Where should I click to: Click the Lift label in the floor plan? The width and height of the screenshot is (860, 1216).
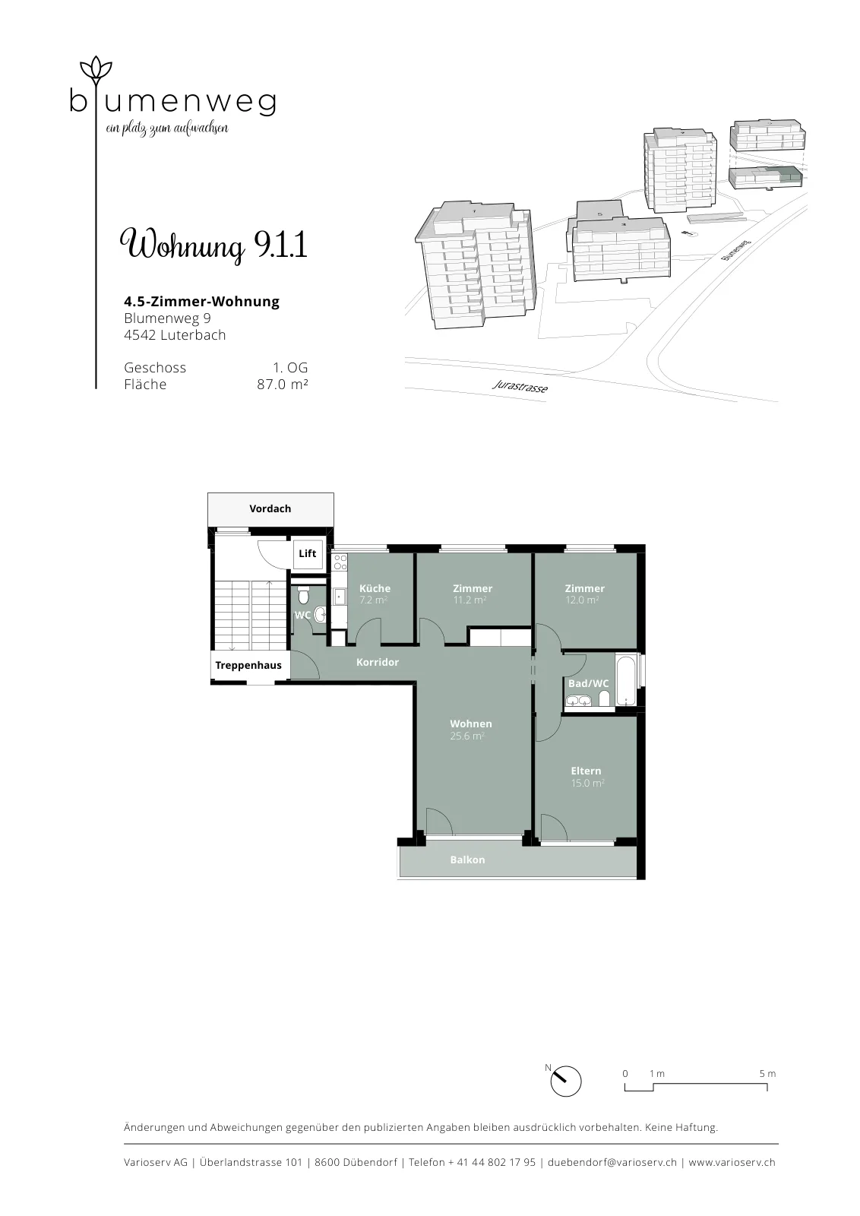point(307,553)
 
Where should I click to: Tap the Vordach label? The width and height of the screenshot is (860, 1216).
point(270,508)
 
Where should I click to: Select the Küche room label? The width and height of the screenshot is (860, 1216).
point(375,588)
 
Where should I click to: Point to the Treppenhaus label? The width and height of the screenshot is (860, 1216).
point(248,666)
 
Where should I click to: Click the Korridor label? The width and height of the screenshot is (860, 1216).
point(378,662)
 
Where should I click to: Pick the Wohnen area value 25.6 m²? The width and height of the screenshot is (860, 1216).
point(467,736)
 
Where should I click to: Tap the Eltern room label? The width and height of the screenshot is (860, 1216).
point(586,771)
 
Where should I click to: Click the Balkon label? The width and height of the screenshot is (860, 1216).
point(468,860)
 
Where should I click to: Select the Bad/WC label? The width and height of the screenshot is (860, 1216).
point(589,683)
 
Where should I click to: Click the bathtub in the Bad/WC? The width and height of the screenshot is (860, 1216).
point(625,680)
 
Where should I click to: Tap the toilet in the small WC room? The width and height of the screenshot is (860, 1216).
point(303,596)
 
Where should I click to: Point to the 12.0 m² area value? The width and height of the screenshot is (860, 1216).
point(582,600)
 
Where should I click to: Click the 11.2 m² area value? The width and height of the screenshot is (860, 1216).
point(470,600)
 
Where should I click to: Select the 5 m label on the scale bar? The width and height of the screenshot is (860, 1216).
point(768,1073)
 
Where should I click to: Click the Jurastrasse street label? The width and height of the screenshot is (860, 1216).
point(520,386)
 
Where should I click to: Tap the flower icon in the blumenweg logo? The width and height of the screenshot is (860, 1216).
point(96,70)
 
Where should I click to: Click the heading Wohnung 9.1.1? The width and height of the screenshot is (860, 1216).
point(213,244)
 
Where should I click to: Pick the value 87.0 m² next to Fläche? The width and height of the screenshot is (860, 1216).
point(283,385)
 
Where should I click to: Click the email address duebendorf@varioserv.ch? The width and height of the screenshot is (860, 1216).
point(612,1162)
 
